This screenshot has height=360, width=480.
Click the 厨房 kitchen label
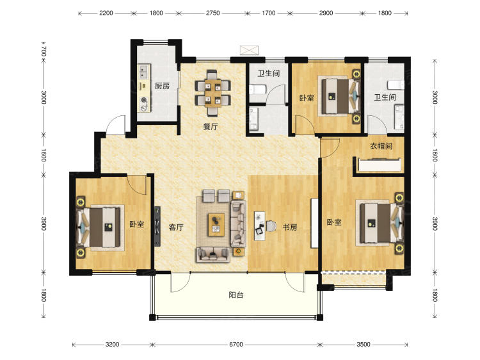coord(162,86)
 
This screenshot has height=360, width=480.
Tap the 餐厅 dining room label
coord(211,126)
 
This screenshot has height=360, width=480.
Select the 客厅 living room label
coord(176,227)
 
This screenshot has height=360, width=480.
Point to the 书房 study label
coord(289,227)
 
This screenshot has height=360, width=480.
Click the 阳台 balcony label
coord(236,295)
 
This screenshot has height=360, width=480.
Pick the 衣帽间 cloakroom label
coord(381,146)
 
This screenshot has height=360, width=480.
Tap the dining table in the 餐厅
coord(213,93)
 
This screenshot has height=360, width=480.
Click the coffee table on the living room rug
coord(216,225)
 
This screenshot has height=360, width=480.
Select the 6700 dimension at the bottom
coord(236,345)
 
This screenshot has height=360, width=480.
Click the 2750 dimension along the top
coord(212,13)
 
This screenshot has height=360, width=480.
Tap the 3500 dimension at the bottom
coord(364,345)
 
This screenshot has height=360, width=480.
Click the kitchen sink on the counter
coord(144,72)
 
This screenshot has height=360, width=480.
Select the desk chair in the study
coord(271,226)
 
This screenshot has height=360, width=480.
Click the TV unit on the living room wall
coord(157,226)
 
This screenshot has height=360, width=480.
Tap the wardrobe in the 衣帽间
coord(380,165)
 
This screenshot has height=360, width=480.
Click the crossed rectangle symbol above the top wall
coord(249,50)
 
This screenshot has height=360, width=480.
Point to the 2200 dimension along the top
coord(106,13)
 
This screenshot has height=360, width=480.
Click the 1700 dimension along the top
coord(268,13)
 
